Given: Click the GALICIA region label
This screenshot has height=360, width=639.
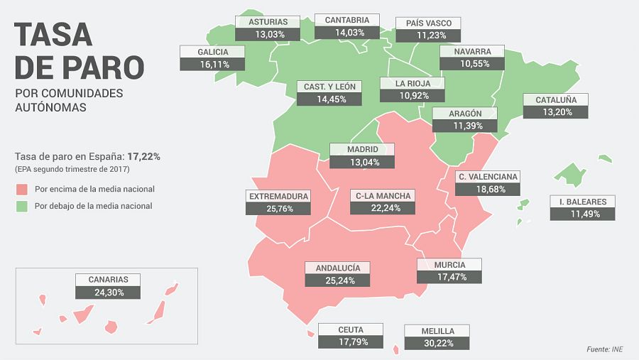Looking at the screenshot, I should pyautogui.click(x=213, y=52).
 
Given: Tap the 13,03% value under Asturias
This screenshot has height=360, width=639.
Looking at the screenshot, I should pyautogui.click(x=268, y=34).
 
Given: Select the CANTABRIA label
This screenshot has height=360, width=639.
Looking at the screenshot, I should pyautogui.click(x=347, y=20).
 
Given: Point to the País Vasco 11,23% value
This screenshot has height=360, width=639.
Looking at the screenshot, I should pyautogui.click(x=428, y=36).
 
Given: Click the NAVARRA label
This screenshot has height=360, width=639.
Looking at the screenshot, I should pyautogui.click(x=472, y=52).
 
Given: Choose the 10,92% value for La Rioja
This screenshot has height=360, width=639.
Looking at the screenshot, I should pyautogui.click(x=412, y=96).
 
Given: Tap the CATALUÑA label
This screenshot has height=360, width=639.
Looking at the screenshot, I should pyautogui.click(x=556, y=99).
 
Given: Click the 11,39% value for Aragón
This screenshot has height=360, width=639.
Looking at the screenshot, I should pyautogui.click(x=465, y=126).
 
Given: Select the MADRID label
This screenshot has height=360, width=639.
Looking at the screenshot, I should pyautogui.click(x=362, y=150).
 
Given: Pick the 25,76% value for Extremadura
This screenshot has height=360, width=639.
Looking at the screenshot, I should pyautogui.click(x=278, y=208).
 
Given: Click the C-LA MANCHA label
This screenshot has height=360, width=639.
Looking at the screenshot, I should pyautogui.click(x=383, y=195).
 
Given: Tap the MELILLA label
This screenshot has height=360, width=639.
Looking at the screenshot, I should pyautogui.click(x=437, y=331).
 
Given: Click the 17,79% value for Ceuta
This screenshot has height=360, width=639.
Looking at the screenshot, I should pyautogui.click(x=351, y=342).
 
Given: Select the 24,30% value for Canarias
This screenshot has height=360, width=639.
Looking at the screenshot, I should pyautogui.click(x=108, y=292).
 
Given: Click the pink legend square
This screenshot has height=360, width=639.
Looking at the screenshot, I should pyautogui.click(x=21, y=190).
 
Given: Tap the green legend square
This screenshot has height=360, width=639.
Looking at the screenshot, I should pyautogui.click(x=21, y=207).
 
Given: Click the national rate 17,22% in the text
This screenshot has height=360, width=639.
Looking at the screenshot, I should pyautogui.click(x=143, y=156).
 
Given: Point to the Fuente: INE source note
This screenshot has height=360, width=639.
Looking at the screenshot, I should pyautogui.click(x=605, y=349).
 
